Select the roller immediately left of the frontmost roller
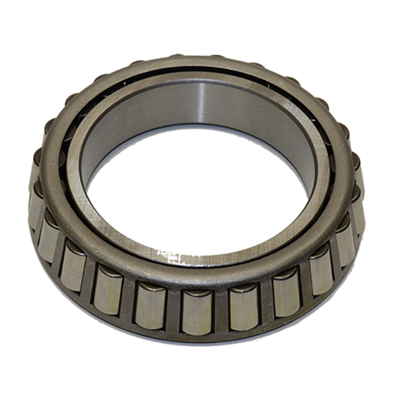(150, 305)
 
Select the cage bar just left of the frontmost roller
(173, 310)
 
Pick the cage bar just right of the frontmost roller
(221, 311)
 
